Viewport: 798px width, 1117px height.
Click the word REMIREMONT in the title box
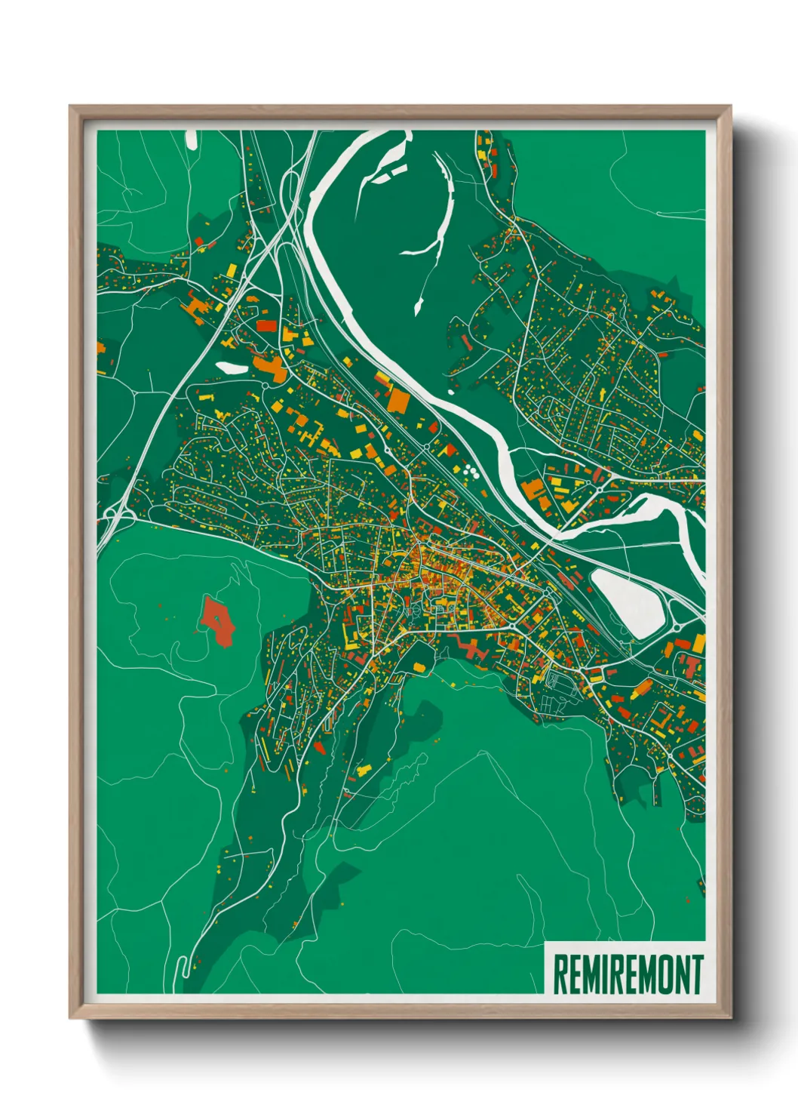tap(628, 974)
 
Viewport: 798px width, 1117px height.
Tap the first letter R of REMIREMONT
tap(560, 974)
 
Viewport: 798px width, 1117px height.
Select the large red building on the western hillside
tap(218, 621)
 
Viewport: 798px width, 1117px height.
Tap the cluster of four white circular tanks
tap(471, 472)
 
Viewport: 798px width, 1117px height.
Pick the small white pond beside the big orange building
tap(231, 368)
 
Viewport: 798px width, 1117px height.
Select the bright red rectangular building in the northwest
tap(267, 326)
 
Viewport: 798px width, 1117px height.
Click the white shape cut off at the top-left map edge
tap(191, 139)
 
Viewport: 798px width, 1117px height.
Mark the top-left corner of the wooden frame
tap(70, 106)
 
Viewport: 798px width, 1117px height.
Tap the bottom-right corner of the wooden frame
tap(730, 1018)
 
